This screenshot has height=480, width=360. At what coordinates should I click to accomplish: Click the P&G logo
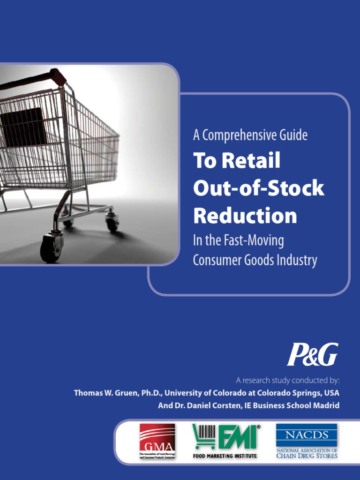(312, 354)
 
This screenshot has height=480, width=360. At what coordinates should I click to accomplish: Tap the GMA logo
(157, 441)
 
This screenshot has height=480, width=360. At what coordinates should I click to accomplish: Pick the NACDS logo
(306, 441)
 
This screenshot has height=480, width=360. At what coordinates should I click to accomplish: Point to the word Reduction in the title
(245, 216)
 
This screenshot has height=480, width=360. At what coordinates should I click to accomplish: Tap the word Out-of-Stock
(258, 188)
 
